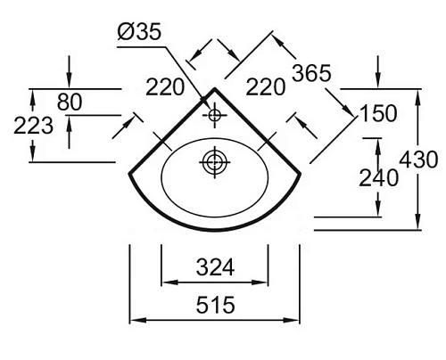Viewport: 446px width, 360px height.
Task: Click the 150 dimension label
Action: [378, 115]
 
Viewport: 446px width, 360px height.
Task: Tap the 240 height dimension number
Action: [379, 176]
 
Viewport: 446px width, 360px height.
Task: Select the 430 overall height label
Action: [419, 160]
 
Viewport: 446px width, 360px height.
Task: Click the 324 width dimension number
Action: [214, 266]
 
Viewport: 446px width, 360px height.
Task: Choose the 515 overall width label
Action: [214, 306]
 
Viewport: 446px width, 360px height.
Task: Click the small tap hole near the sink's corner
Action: [214, 116]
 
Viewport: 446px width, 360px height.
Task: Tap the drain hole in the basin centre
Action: [214, 162]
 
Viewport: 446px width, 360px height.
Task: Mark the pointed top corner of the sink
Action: [214, 89]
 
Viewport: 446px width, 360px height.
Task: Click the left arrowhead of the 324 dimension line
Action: [164, 283]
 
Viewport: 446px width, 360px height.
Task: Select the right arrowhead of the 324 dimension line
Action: [264, 283]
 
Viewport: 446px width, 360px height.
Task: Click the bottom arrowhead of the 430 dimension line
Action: [418, 225]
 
